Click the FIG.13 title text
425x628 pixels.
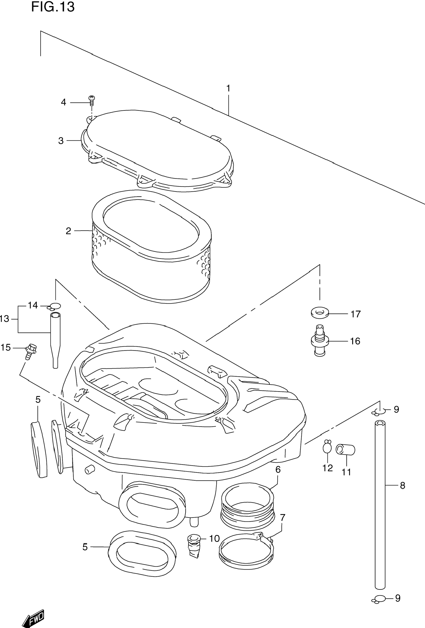point(53,7)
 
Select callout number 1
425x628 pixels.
point(228,88)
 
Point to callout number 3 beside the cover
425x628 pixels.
point(61,141)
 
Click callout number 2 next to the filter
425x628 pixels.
point(68,231)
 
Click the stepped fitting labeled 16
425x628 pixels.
point(320,341)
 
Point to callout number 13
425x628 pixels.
point(4,319)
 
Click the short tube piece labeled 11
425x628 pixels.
point(345,450)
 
